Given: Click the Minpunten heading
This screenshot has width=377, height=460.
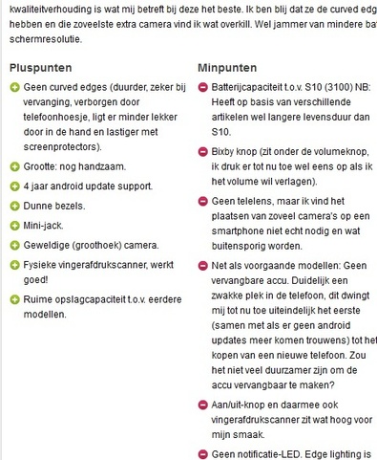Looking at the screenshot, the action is (x=229, y=68).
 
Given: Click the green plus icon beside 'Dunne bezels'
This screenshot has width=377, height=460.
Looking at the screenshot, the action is (x=13, y=206).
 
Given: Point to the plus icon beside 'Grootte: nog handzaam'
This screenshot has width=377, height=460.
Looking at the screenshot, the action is (x=13, y=166).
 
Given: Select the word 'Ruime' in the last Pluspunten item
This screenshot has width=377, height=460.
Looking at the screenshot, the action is (x=42, y=299).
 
